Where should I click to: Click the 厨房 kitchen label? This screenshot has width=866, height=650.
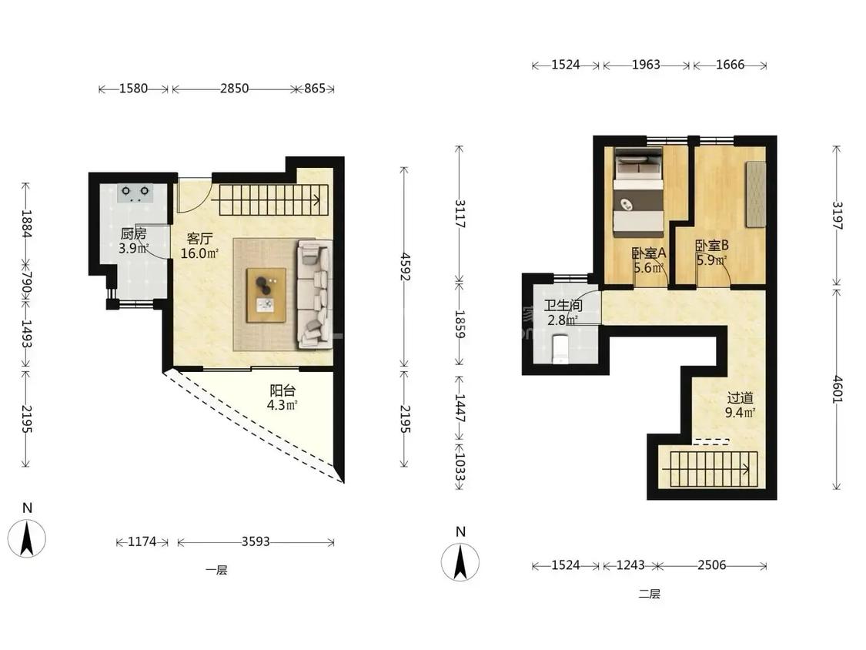[133, 234]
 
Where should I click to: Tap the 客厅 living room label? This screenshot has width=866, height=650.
[199, 239]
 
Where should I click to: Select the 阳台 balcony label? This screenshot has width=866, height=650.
[283, 390]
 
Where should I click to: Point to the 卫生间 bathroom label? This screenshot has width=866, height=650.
[563, 306]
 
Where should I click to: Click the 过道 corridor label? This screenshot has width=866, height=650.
[740, 398]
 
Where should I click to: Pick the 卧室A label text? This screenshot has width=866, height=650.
[649, 253]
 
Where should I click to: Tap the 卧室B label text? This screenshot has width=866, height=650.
[712, 245]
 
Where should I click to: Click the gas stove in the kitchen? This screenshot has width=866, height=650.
[135, 193]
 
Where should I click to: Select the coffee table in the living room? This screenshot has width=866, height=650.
[266, 295]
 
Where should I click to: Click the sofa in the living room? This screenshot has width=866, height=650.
[315, 294]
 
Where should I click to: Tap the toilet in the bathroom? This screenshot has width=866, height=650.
[560, 348]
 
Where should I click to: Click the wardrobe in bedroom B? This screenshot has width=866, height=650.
[756, 193]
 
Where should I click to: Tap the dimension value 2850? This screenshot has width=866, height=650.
[234, 89]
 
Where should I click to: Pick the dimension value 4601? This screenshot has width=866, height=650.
[838, 389]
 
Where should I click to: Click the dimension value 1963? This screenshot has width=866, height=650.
[646, 65]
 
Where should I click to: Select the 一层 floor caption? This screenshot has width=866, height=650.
[216, 570]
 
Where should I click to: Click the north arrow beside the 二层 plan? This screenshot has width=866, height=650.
[460, 561]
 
